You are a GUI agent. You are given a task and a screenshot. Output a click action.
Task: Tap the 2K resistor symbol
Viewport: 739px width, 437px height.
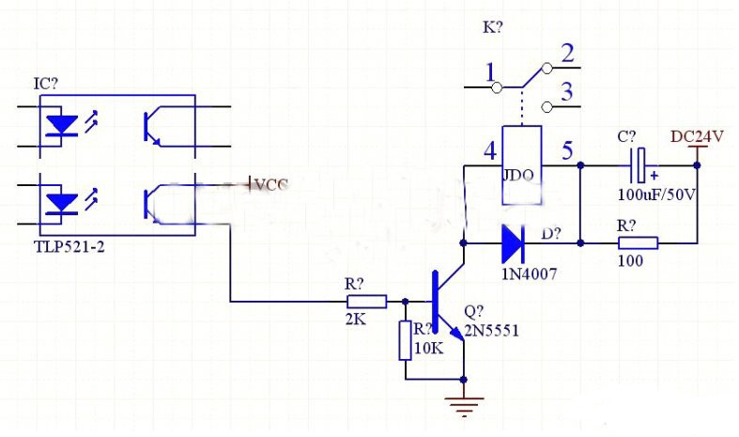coord(366,302)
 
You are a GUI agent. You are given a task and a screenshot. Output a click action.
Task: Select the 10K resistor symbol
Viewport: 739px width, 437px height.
coord(406,340)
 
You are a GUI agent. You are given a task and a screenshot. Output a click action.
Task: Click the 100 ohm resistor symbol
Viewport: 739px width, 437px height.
coord(638,243)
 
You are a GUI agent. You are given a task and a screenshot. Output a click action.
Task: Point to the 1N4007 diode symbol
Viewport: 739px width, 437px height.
coord(512,243)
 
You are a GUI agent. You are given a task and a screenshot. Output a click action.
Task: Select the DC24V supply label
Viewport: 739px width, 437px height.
coord(697,137)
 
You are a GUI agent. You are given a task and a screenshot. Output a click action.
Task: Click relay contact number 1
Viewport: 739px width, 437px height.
coord(489,71)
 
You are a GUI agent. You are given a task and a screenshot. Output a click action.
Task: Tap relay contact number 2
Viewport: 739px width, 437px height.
coord(566,54)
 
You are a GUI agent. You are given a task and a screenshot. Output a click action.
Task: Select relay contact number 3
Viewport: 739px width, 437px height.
coord(566,92)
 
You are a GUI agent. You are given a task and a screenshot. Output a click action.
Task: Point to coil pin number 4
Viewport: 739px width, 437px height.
coord(489,150)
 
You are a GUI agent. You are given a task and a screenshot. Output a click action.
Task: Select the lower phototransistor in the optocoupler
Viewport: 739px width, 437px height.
coord(154,200)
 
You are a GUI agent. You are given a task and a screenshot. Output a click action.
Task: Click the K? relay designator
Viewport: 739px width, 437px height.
coord(492,27)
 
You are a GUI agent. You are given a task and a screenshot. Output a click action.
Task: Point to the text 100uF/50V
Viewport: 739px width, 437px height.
coord(657,195)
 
